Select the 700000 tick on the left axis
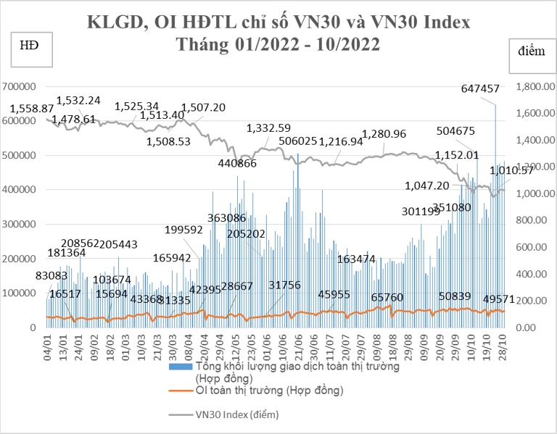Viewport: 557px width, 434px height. pyautogui.click(x=21, y=86)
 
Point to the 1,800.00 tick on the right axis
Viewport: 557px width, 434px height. pyautogui.click(x=535, y=86)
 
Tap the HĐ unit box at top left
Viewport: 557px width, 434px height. pyautogui.click(x=30, y=46)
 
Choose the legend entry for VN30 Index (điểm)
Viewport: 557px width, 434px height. pyautogui.click(x=237, y=415)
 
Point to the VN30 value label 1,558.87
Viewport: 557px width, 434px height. pyautogui.click(x=31, y=108)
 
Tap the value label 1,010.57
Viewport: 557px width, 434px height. pyautogui.click(x=512, y=171)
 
